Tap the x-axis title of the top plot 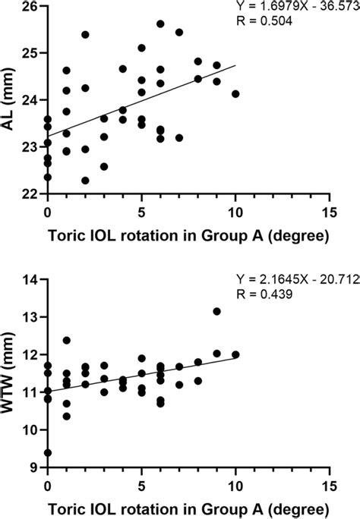188,236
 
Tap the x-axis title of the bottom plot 188,508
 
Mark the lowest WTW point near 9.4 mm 48,452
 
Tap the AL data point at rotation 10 235,94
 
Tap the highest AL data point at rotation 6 160,24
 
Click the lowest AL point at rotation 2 85,181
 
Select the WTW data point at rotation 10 235,354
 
